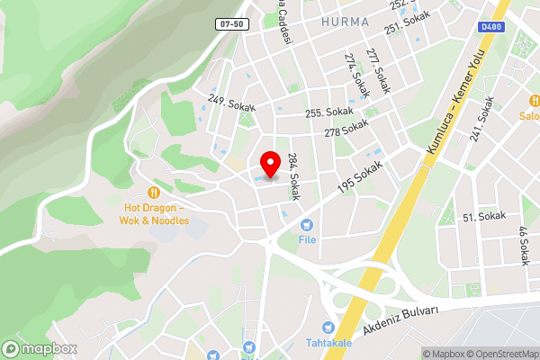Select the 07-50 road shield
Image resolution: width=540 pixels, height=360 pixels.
click(x=232, y=24)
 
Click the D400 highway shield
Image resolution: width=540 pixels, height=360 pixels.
click(x=491, y=28)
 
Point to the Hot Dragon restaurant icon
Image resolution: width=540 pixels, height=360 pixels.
click(x=155, y=192)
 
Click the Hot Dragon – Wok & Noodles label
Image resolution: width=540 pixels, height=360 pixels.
click(x=157, y=213)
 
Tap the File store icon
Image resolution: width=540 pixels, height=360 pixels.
click(x=308, y=224)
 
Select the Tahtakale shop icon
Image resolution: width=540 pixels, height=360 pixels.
click(x=329, y=326)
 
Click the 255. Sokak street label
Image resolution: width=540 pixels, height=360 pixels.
click(x=329, y=112)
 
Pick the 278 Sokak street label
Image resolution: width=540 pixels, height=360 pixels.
click(x=347, y=130)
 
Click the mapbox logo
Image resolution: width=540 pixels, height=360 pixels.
click(x=40, y=348)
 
